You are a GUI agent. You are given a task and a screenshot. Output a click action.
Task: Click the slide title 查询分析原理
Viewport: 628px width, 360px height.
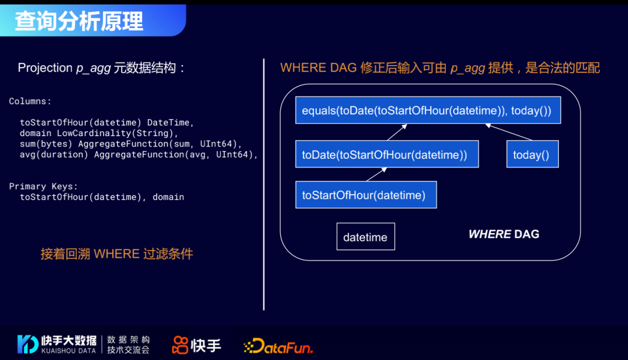(x=79, y=21)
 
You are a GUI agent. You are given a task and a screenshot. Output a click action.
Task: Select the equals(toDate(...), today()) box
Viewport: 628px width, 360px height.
(x=427, y=111)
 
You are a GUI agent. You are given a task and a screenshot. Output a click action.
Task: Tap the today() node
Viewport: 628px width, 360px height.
(x=532, y=155)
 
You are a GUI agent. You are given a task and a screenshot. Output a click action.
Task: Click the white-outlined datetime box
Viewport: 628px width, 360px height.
(x=365, y=237)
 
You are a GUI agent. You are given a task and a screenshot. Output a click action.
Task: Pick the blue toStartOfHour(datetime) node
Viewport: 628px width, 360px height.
(x=366, y=195)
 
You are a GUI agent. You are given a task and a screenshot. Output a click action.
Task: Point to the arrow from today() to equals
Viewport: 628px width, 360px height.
(x=509, y=132)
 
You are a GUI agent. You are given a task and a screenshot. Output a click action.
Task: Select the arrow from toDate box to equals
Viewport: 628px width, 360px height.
(x=396, y=132)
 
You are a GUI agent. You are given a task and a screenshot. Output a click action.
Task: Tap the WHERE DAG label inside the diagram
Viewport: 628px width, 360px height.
(x=504, y=234)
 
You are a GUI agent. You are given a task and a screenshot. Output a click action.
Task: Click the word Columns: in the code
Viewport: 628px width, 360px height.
(x=30, y=101)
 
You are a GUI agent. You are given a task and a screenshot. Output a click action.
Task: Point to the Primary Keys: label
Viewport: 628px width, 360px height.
(x=44, y=186)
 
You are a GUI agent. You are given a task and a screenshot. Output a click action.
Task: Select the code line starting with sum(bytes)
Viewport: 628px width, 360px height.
(x=131, y=144)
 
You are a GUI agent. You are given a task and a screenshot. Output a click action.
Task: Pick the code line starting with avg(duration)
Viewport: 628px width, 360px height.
(x=138, y=154)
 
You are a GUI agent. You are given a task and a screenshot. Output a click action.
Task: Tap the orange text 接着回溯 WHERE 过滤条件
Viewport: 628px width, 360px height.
(x=116, y=254)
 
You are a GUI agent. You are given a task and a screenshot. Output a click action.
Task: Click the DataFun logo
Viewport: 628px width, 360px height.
(x=278, y=347)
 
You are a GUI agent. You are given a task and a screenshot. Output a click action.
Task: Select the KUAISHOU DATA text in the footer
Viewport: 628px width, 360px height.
(x=69, y=351)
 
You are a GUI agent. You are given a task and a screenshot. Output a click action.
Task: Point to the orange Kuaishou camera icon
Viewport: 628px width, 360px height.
(x=180, y=345)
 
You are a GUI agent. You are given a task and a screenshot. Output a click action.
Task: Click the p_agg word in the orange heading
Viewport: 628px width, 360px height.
(x=468, y=68)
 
